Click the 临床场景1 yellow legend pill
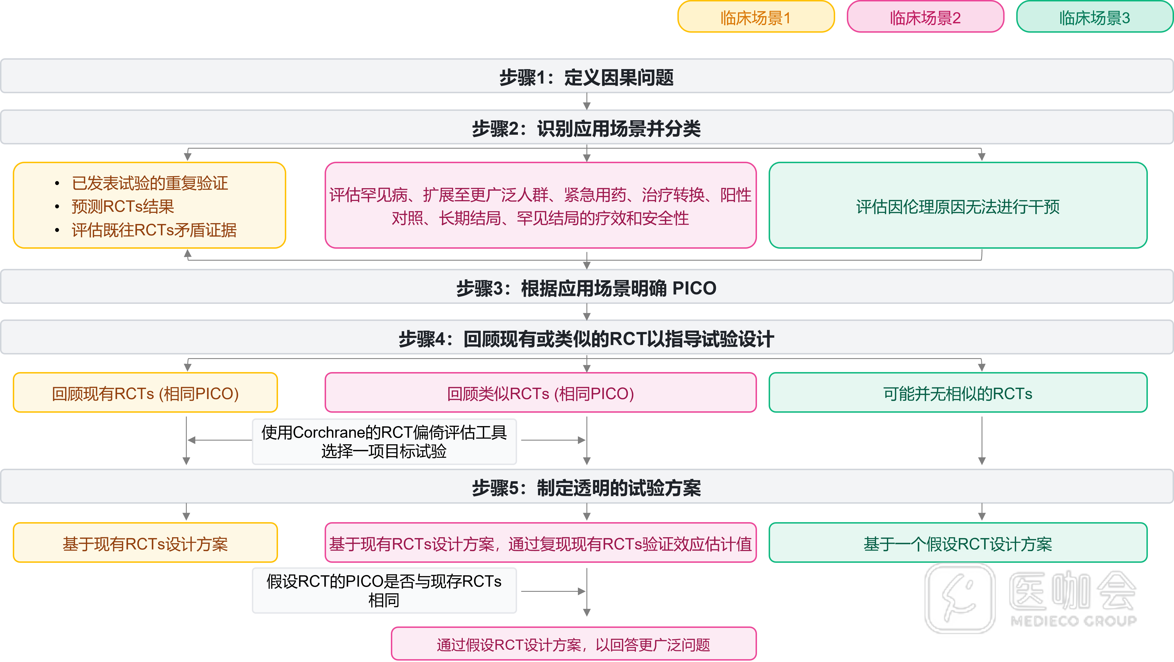pyautogui.click(x=756, y=17)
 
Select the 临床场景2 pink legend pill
pyautogui.click(x=925, y=17)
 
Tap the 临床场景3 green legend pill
pyautogui.click(x=1094, y=17)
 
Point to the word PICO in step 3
pyautogui.click(x=694, y=288)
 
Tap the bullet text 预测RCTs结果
pyautogui.click(x=123, y=206)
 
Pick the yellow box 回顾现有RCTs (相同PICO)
pyautogui.click(x=145, y=393)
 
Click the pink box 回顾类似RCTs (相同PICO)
pyautogui.click(x=540, y=393)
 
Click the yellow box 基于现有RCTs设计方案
pyautogui.click(x=145, y=543)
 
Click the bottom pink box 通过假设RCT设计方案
pyautogui.click(x=573, y=644)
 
